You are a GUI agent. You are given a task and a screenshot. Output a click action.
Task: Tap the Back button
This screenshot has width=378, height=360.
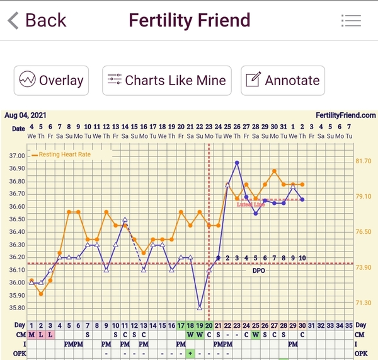click(x=37, y=20)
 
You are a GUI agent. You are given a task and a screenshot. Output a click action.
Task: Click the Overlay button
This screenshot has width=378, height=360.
click(x=52, y=81)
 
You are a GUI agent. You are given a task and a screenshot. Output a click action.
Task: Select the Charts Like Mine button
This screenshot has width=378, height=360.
click(x=167, y=81)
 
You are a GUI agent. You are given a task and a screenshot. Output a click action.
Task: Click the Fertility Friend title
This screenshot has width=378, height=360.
click(x=189, y=20)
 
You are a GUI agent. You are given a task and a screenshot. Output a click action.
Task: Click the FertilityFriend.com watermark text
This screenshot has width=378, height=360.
click(x=346, y=115)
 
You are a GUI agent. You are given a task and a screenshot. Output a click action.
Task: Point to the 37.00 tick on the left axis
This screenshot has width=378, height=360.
click(x=17, y=156)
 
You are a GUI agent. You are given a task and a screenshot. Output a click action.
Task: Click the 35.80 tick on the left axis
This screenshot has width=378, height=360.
click(x=17, y=308)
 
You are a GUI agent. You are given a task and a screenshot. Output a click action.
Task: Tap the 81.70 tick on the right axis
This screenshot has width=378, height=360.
click(x=364, y=161)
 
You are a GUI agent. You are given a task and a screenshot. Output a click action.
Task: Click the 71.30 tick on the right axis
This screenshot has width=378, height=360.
click(x=364, y=303)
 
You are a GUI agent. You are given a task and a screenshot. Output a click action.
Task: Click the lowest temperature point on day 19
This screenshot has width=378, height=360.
click(x=200, y=308)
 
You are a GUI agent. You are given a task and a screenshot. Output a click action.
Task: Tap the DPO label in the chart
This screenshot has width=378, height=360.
click(x=259, y=270)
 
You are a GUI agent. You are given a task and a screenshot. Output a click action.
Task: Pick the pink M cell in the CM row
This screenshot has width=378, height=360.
click(x=31, y=335)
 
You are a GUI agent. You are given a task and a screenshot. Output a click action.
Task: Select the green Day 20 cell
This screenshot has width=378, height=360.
click(x=209, y=325)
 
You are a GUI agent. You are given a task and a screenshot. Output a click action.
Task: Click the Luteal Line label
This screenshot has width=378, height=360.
click(x=250, y=205)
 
